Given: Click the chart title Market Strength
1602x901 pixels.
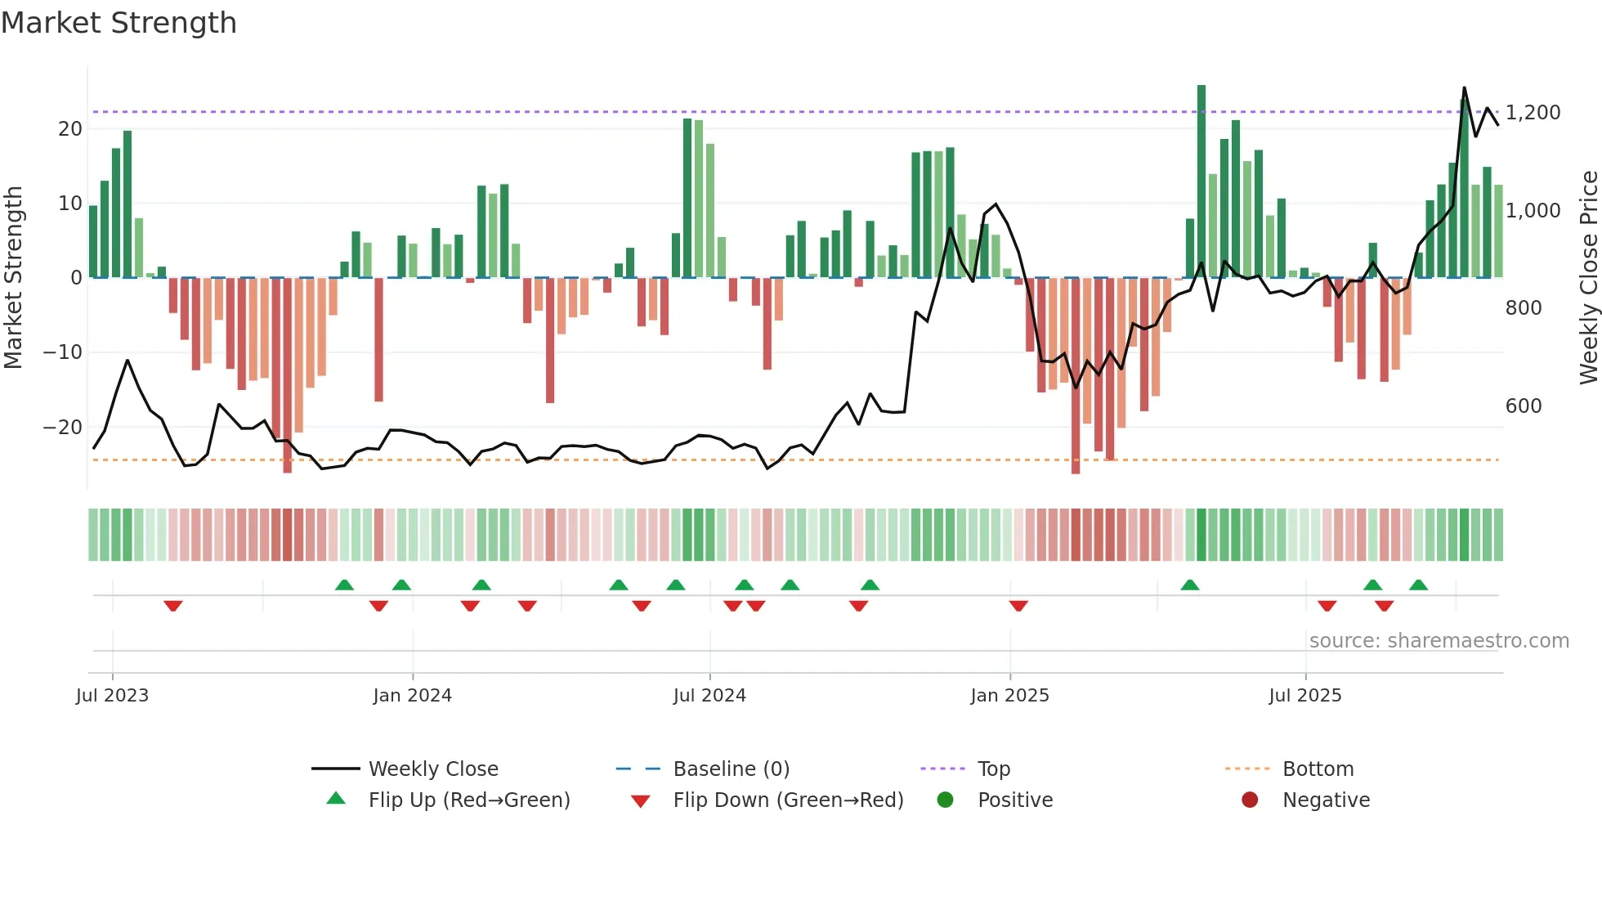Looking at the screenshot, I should click(119, 23).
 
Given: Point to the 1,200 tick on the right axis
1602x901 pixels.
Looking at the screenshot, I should click(1533, 113).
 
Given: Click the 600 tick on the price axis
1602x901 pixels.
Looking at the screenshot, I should click(1523, 406).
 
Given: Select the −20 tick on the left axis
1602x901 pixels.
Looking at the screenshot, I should click(62, 428).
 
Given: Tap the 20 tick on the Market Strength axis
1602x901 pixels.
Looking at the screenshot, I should click(70, 129).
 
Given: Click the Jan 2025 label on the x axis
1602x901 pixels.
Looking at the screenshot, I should click(1009, 696).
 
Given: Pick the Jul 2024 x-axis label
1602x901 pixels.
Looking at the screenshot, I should click(709, 696).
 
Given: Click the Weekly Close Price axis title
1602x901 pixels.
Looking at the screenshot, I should click(1588, 278).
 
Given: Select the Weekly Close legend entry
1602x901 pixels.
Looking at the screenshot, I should click(432, 769).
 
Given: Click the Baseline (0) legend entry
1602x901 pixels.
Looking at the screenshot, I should click(731, 769).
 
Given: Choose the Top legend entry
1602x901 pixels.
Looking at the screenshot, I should click(993, 769).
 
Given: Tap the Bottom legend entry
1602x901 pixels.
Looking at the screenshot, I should click(1318, 769).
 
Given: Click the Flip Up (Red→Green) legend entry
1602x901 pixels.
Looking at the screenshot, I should click(468, 800).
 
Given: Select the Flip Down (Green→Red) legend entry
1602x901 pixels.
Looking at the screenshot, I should click(788, 800).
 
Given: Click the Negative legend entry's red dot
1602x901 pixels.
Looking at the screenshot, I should click(1250, 800).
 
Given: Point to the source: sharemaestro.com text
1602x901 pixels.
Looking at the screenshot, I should click(1439, 641).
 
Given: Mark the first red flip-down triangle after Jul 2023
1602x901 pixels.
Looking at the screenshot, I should click(173, 606).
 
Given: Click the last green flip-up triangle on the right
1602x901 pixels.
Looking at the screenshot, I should click(1418, 585).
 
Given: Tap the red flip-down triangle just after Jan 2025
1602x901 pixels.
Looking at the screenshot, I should click(1018, 606).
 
